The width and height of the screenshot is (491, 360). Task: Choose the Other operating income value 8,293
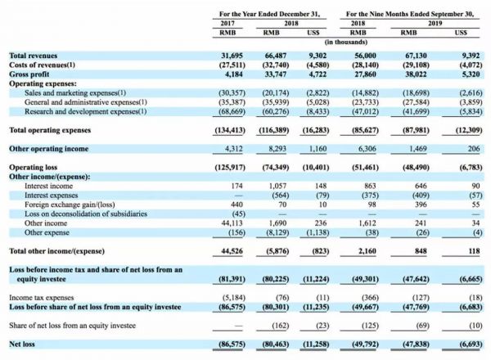[x=280, y=150]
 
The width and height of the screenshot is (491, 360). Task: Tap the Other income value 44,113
[x=234, y=221]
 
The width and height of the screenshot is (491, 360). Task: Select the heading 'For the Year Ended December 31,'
[x=269, y=14]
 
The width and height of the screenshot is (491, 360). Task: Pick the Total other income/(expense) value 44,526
[x=234, y=249]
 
